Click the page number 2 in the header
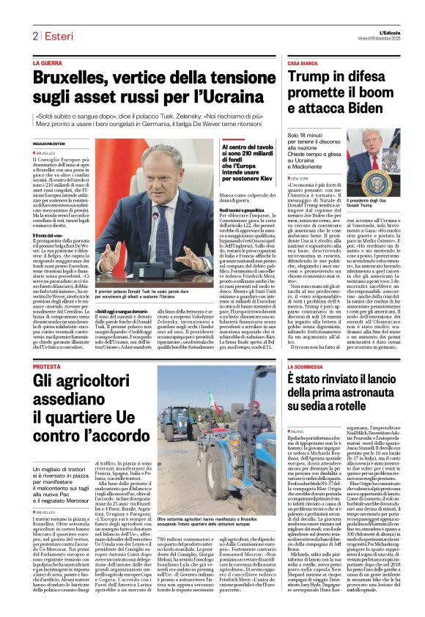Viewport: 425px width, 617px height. click(34, 36)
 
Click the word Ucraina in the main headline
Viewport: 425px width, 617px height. click(234, 97)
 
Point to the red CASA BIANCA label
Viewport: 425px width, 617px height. click(302, 64)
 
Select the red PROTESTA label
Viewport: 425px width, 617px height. click(47, 366)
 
